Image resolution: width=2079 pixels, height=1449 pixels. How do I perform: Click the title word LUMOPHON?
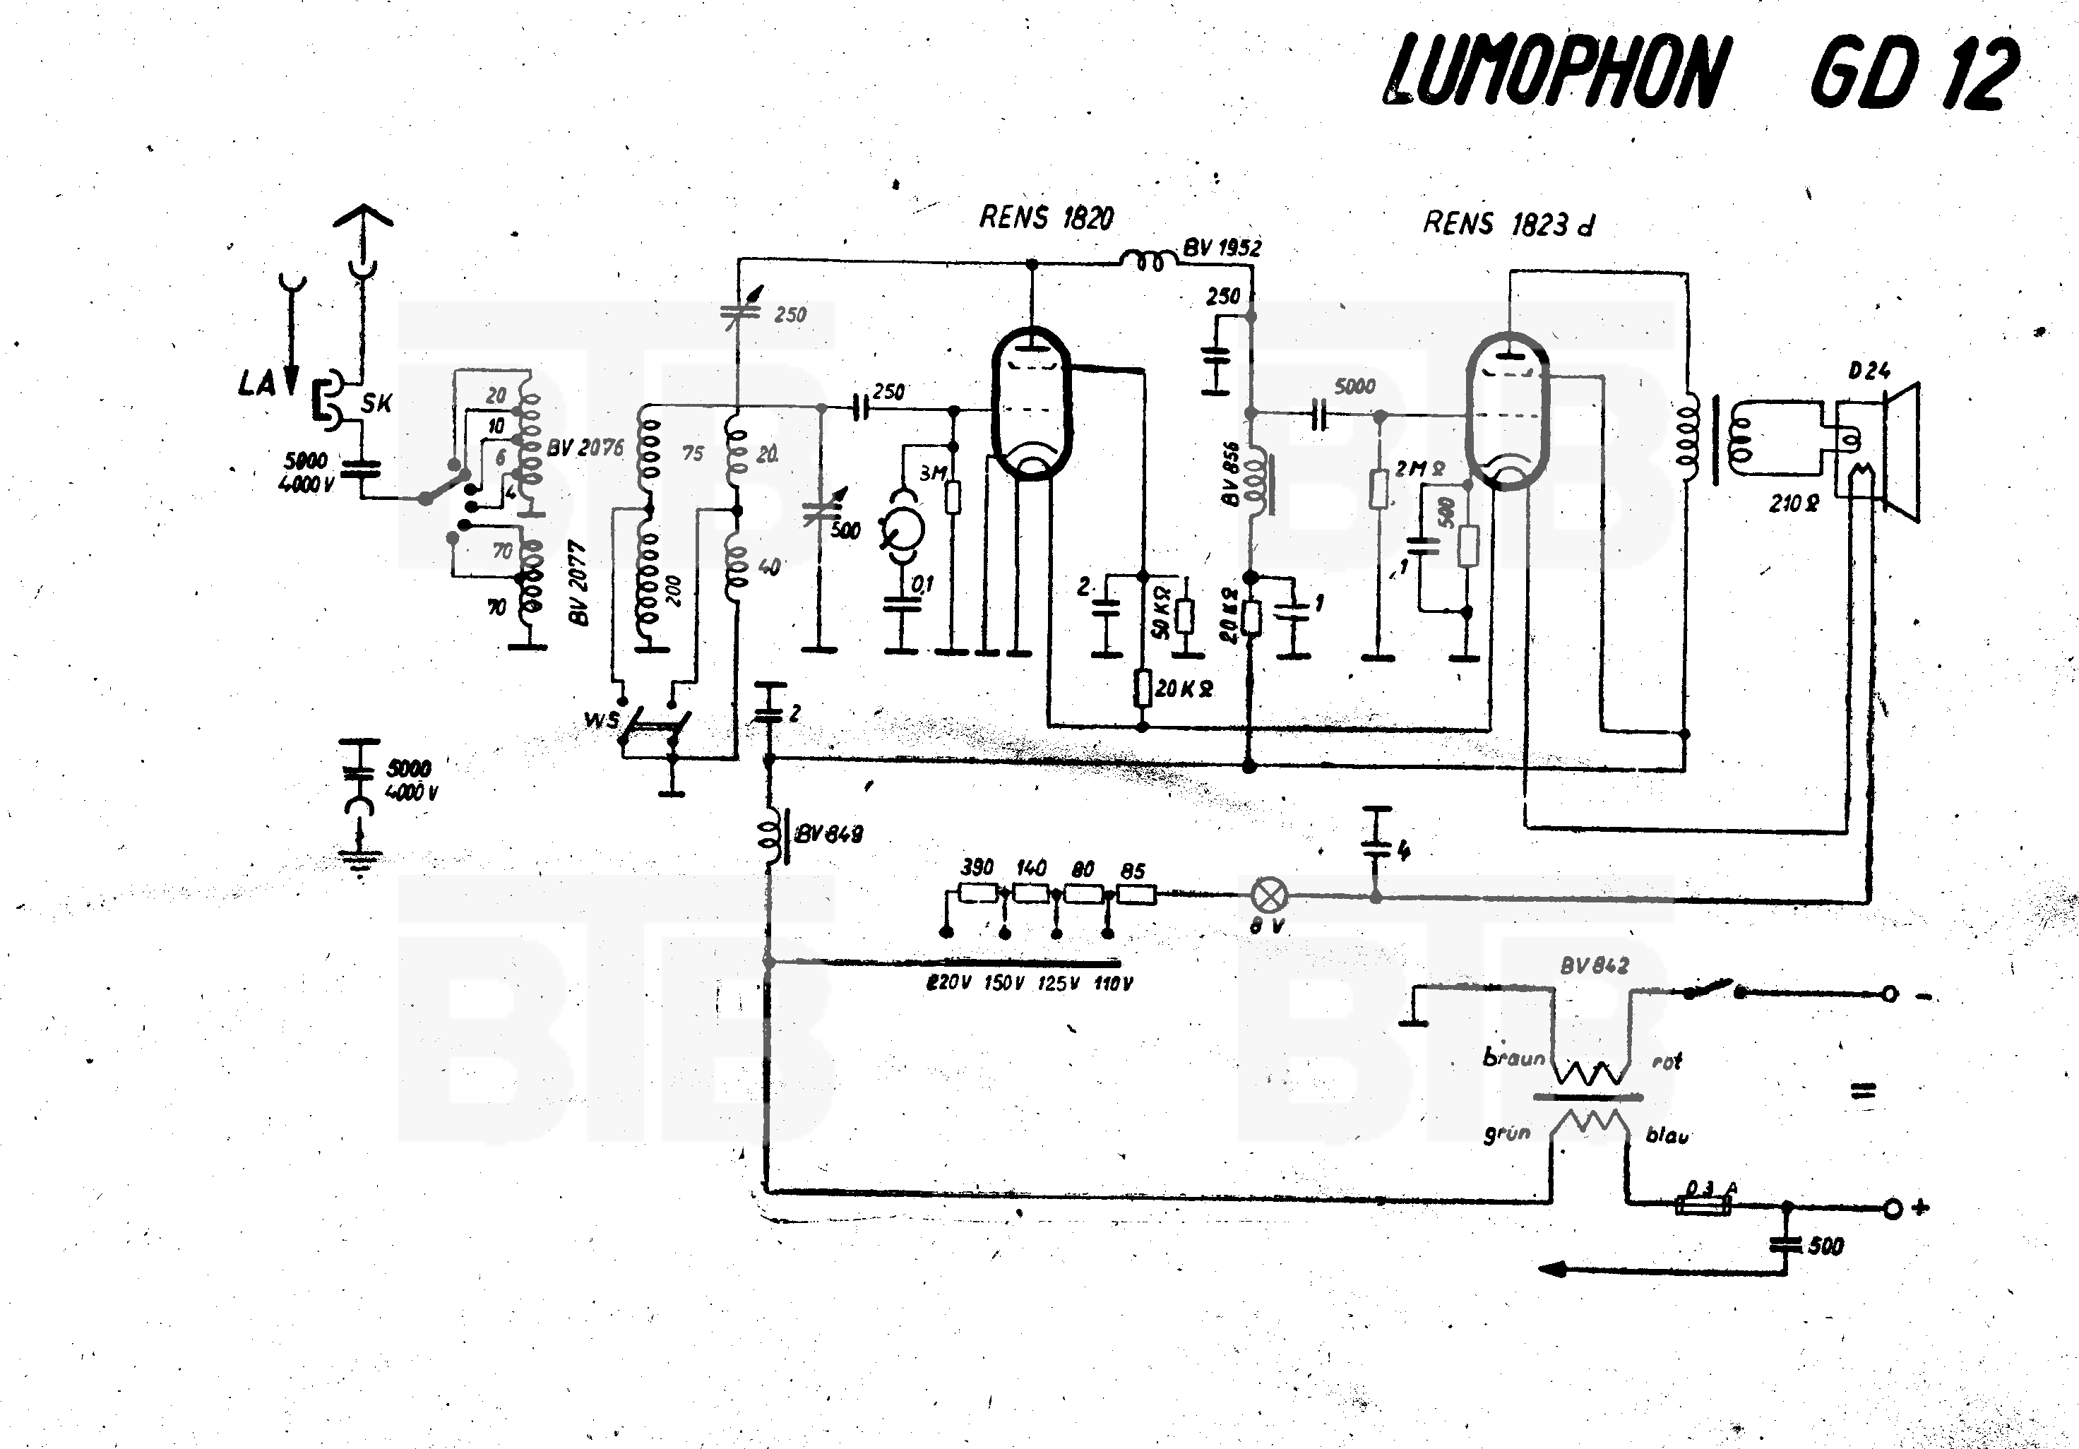[x=1552, y=73]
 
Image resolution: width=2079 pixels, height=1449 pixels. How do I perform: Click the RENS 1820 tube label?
[x=1046, y=217]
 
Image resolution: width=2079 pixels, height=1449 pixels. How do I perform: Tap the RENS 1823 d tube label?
[x=1508, y=224]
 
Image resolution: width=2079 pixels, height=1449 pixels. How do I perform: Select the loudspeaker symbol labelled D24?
[x=1897, y=453]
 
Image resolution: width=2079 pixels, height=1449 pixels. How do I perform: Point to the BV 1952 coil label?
[x=1222, y=247]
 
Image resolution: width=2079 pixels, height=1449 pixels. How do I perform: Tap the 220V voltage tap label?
[x=948, y=984]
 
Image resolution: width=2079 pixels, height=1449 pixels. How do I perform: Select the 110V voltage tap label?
[x=1113, y=984]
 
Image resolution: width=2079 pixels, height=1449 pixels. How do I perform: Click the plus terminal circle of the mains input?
[x=1892, y=1208]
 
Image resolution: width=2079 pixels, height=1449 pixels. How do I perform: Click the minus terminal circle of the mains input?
[x=1889, y=994]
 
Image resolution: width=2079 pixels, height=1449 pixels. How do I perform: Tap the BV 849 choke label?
[x=828, y=833]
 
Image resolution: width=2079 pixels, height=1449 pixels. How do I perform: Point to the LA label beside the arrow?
[x=256, y=384]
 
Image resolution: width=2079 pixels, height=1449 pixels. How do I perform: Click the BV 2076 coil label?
[x=585, y=448]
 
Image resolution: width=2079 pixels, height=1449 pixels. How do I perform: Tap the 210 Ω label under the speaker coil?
[x=1794, y=503]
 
